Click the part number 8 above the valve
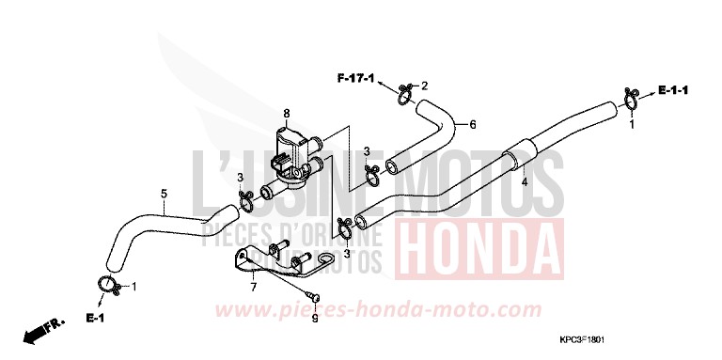287,114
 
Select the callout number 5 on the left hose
164,195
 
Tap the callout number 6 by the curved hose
472,124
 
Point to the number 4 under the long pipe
525,182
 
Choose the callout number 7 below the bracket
252,288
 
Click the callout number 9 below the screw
316,319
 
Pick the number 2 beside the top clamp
424,86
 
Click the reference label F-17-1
357,76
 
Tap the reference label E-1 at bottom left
97,318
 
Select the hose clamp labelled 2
404,93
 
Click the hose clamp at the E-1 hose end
107,285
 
